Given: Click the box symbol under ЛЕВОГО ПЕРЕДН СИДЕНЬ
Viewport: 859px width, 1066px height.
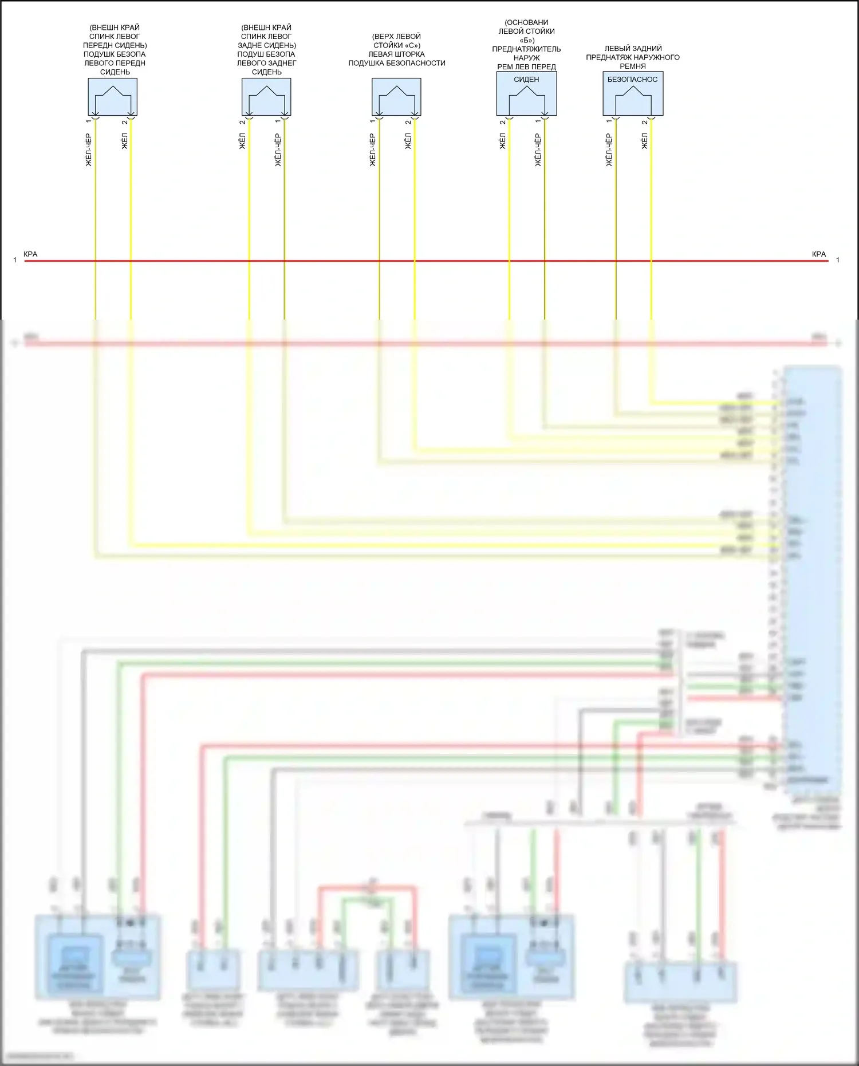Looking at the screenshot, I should (112, 97).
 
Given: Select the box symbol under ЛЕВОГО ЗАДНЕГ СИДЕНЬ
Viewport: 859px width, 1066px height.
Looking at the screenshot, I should (266, 97).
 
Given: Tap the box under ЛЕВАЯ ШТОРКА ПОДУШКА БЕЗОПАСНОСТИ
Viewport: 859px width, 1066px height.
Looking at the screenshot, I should (396, 97).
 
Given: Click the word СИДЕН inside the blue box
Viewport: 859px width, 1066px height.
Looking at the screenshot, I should (526, 80).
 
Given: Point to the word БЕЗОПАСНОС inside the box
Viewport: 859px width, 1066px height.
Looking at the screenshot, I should (632, 80).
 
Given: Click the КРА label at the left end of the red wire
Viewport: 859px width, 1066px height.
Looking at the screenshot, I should (30, 254).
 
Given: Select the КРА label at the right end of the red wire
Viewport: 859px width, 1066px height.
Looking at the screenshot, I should (819, 254).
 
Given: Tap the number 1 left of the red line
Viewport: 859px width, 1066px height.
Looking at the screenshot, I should (15, 260).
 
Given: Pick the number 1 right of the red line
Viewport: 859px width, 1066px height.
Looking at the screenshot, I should (838, 260).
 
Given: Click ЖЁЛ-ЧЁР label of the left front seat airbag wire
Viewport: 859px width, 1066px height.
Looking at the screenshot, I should (88, 150).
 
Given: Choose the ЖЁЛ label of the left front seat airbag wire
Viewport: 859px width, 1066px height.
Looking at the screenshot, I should (124, 141).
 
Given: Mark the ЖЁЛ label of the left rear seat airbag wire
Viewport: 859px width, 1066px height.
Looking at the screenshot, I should (242, 141).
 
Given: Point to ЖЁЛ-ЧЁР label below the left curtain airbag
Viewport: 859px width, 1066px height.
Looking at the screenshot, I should (372, 150).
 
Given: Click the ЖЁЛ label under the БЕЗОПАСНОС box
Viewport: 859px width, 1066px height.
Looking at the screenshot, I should (644, 141).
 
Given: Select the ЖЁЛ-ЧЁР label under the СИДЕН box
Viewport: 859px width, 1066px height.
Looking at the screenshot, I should (538, 150).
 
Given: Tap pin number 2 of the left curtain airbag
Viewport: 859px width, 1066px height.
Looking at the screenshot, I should (408, 121).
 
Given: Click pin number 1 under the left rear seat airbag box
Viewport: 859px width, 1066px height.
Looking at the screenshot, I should (278, 121).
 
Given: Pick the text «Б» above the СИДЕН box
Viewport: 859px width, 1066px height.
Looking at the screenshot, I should (527, 40).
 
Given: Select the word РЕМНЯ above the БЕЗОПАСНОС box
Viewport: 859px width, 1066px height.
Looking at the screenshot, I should (632, 66).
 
